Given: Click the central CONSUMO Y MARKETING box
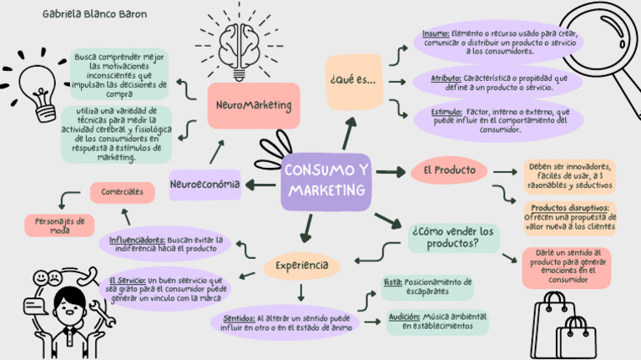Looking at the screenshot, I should [x=326, y=181].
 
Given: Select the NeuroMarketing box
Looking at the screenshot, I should [x=253, y=106].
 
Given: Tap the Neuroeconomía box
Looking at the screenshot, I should [x=204, y=184].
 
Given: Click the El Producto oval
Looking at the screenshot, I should [x=449, y=170].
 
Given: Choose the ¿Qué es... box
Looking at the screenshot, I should [x=353, y=81].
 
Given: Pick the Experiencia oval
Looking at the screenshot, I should [x=302, y=266].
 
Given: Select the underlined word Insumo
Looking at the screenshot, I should [x=435, y=33].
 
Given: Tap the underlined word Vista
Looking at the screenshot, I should [x=392, y=283].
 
